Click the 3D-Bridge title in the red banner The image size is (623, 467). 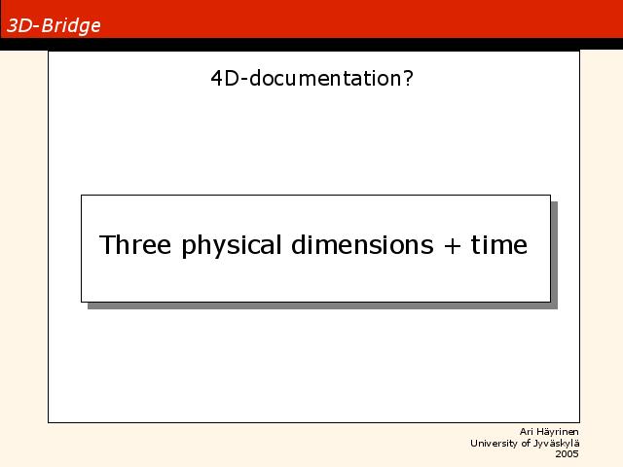tap(54, 26)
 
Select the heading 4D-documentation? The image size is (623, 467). tap(311, 78)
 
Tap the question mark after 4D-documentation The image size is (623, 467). tap(408, 78)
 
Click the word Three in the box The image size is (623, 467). tap(135, 244)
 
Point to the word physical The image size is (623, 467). tap(232, 246)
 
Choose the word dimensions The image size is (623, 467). tap(362, 244)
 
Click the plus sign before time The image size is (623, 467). tap(452, 246)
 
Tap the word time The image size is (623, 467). tap(499, 244)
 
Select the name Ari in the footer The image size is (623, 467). tap(526, 432)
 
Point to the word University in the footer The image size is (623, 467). tap(495, 444)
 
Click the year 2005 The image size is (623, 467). tap(567, 454)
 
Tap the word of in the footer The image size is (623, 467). tap(526, 443)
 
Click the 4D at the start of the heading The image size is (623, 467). tap(225, 78)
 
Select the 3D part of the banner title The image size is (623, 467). tap(19, 25)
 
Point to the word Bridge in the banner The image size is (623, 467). tap(71, 26)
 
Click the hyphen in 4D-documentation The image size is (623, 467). tap(244, 80)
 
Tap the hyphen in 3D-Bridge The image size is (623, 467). tap(36, 27)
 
